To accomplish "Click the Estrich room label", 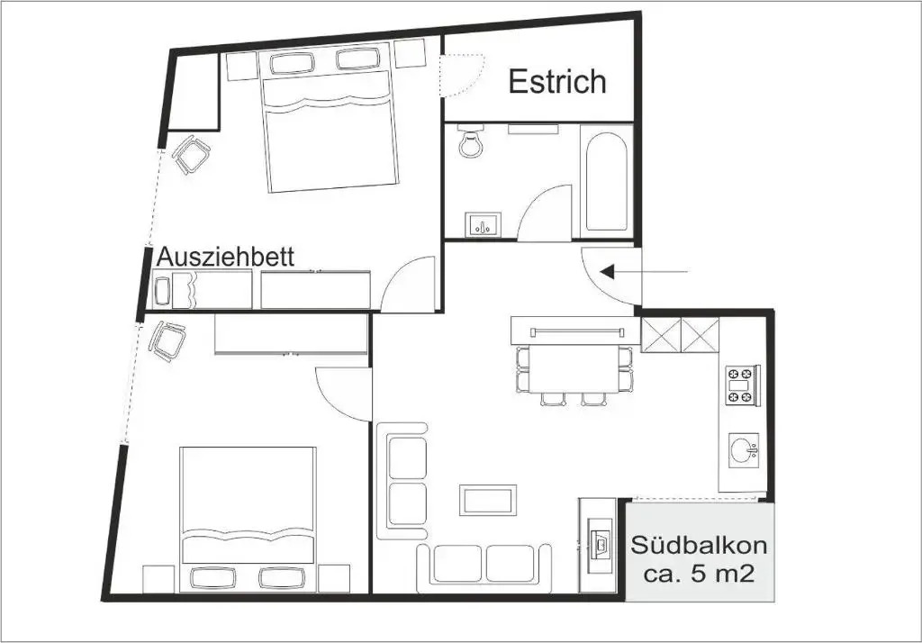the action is pos(556,82).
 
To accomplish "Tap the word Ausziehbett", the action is pos(225,257).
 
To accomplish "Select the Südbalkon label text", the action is pos(699,546).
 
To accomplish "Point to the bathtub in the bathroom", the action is pos(606,182).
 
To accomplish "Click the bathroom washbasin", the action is pos(484,225).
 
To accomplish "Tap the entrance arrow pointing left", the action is pos(643,272).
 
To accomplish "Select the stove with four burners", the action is pos(742,385).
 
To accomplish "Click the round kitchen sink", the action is pos(744,450).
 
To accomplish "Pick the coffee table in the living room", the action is pos(487,500).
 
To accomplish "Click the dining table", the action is pos(574,368).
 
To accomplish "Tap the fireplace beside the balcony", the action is pos(598,545).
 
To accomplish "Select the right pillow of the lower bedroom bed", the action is pos(280,579).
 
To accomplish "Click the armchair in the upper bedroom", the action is pos(192,155).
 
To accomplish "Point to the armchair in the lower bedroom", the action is pos(167,341).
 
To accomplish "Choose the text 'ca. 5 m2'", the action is pos(699,573).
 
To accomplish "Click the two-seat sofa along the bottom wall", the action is pos(484,564).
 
